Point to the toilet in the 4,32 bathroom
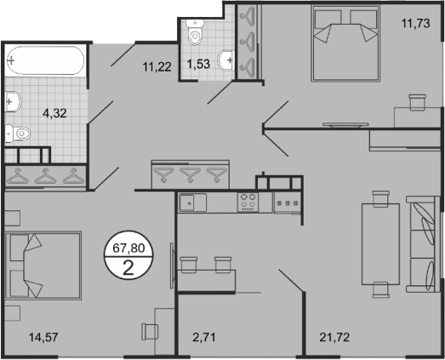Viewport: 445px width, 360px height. pyautogui.click(x=19, y=133)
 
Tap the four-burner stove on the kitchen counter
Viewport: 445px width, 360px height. pyautogui.click(x=248, y=202)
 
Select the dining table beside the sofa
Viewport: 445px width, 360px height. pyautogui.click(x=379, y=243)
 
